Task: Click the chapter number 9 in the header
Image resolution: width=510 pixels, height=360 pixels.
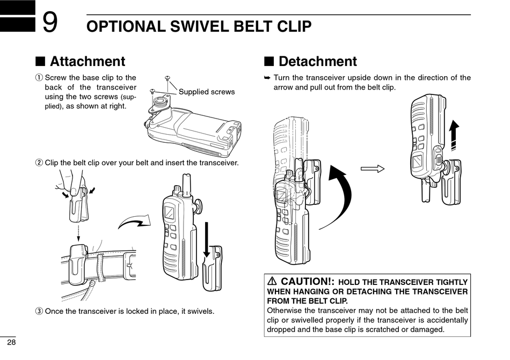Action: click(x=50, y=22)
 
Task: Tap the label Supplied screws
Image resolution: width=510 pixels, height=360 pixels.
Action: click(x=207, y=92)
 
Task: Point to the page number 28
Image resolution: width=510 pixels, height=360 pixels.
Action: click(x=11, y=342)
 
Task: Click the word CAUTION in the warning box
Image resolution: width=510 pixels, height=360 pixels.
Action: click(x=305, y=281)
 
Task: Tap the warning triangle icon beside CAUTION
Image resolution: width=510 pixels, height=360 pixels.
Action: click(x=272, y=281)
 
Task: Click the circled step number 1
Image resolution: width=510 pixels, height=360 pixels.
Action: click(x=39, y=78)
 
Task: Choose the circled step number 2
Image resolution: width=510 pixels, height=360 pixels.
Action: click(x=39, y=163)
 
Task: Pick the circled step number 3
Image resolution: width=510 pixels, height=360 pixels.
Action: click(x=39, y=311)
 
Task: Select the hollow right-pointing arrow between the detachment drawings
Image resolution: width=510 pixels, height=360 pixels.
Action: click(x=373, y=168)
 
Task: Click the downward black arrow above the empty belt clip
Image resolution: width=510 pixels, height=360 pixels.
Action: click(x=206, y=240)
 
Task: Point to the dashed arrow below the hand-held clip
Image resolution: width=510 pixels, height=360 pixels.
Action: click(x=78, y=233)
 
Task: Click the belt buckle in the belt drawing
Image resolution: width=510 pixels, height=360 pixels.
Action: click(x=129, y=265)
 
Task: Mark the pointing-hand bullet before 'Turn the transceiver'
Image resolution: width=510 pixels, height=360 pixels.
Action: click(x=267, y=78)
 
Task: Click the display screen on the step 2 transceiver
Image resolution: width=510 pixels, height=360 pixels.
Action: click(x=170, y=212)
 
